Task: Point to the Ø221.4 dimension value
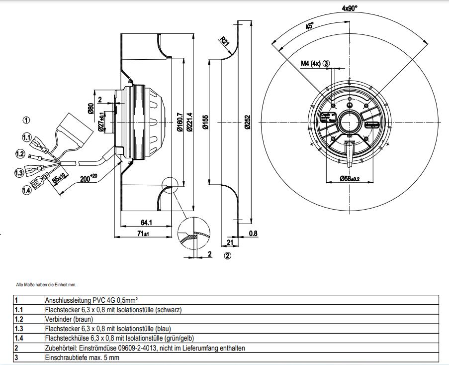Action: (188, 122)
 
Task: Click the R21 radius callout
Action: (224, 42)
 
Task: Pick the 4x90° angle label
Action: (350, 8)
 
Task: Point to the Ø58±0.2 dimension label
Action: (350, 178)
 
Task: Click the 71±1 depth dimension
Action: (143, 233)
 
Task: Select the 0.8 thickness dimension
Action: (254, 233)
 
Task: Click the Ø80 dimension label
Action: (91, 108)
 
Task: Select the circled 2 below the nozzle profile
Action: (227, 256)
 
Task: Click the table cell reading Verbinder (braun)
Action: (69, 319)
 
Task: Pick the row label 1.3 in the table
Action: (19, 328)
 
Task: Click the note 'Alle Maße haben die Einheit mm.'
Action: (46, 284)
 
